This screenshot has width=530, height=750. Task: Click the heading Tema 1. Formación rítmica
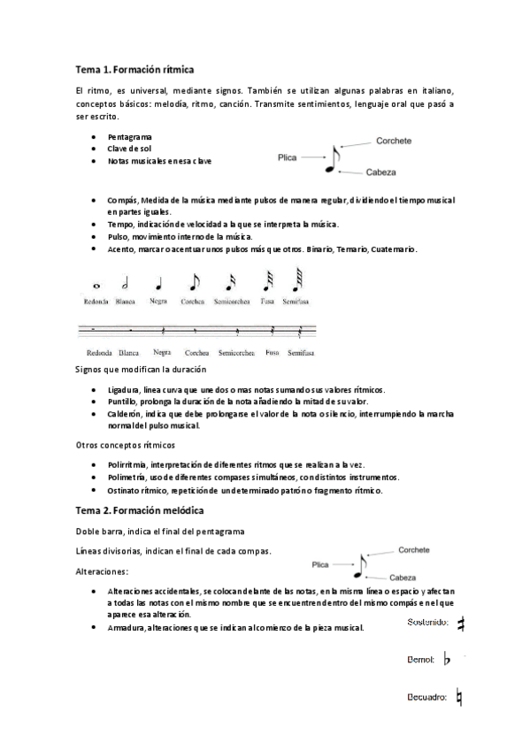click(x=135, y=68)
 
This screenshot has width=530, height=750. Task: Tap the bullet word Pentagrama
click(x=129, y=137)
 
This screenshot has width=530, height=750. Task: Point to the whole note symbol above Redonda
click(x=96, y=286)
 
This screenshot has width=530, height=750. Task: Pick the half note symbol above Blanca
click(x=126, y=283)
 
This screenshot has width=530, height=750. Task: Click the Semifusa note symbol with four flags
click(x=293, y=281)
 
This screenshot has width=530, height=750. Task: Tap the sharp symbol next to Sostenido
click(x=459, y=624)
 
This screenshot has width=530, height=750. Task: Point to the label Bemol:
click(x=420, y=660)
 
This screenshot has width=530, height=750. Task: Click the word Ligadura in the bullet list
click(x=124, y=389)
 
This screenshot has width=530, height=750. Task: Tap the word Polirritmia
click(x=127, y=464)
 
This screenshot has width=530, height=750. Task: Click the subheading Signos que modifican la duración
click(x=142, y=368)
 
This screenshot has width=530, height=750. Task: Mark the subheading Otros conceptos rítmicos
click(x=126, y=444)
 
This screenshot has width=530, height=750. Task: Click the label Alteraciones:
click(x=103, y=571)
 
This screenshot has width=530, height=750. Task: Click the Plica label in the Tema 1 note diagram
click(x=287, y=157)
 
